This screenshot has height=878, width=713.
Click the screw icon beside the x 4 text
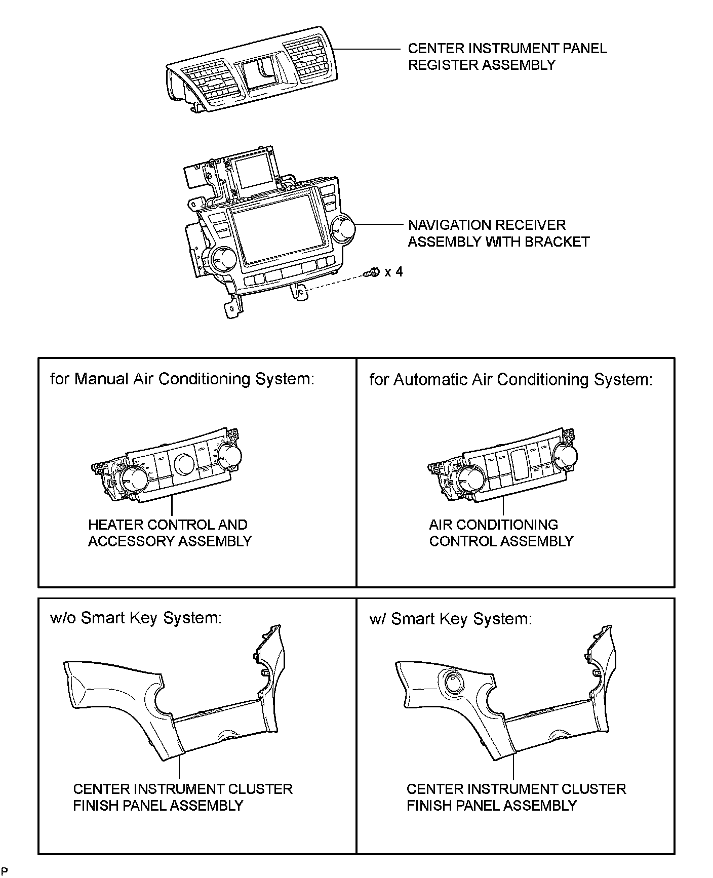point(372,272)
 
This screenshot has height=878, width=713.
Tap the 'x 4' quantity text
point(393,272)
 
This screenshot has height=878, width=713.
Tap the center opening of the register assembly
point(259,73)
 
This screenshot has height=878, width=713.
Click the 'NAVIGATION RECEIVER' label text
point(487,225)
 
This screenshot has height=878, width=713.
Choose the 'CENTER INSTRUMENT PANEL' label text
point(507,49)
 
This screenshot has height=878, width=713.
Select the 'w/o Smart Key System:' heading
point(136,618)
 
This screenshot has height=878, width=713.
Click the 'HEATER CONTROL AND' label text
point(168,525)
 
